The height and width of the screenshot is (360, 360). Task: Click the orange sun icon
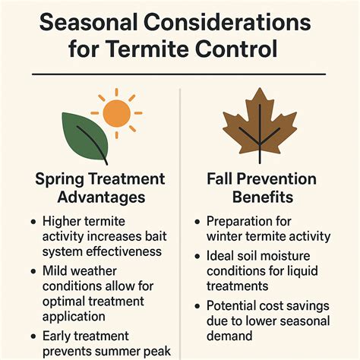pos(117,112)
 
